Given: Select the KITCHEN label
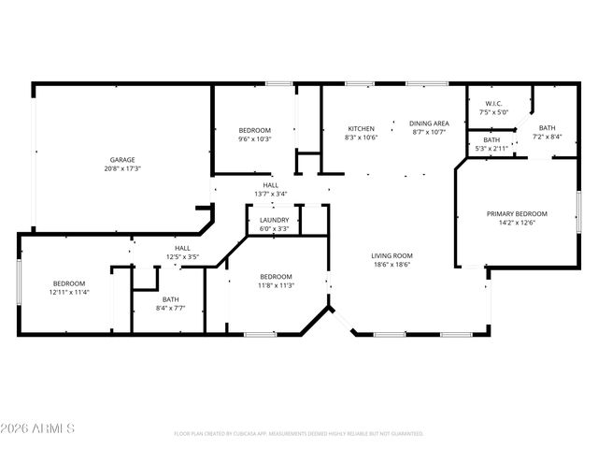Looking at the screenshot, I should (x=362, y=128).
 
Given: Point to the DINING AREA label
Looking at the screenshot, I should (x=431, y=123).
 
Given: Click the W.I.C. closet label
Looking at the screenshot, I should (x=494, y=103).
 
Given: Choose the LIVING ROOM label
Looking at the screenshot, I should (x=392, y=255).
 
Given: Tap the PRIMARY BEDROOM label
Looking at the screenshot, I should (x=517, y=213).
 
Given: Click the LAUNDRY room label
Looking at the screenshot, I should (x=274, y=220).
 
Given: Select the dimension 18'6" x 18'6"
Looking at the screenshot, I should (x=392, y=265).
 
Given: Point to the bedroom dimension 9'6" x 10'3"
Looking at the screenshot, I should (x=254, y=138).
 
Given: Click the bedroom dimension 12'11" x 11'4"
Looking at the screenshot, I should (x=68, y=293).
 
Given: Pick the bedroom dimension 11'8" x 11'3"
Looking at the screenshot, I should (x=276, y=285).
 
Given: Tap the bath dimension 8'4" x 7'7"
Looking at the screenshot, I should (x=157, y=307).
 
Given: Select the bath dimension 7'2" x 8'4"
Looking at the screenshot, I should (x=547, y=137).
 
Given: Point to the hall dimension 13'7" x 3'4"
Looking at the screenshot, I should (x=270, y=194).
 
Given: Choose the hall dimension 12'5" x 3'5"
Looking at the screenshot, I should (x=183, y=256).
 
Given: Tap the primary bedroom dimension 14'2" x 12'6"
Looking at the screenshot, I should (x=517, y=223).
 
